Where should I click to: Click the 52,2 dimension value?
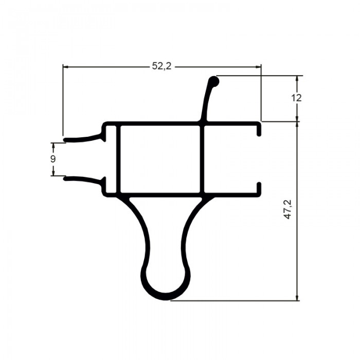tap(162, 66)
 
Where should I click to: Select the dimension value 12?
tap(296, 98)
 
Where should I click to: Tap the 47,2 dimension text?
tap(287, 209)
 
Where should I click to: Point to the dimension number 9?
tap(53, 159)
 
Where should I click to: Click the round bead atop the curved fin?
tap(214, 81)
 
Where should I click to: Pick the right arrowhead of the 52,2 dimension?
tap(258, 67)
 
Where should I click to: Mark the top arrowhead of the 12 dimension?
tap(297, 79)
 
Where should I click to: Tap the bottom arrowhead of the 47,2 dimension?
tap(298, 298)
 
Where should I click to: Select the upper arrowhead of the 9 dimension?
tap(53, 146)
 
